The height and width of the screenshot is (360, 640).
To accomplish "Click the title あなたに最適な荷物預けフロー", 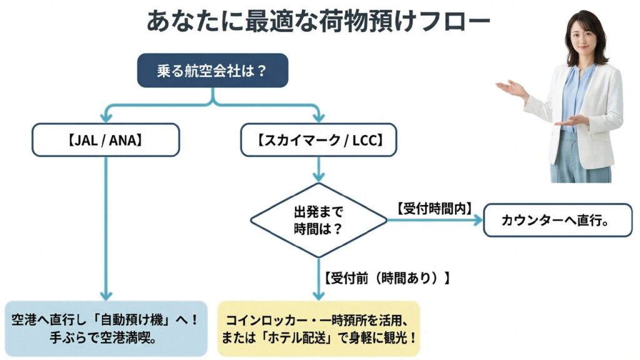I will (x=318, y=21).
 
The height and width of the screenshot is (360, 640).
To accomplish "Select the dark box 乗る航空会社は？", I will (x=212, y=70).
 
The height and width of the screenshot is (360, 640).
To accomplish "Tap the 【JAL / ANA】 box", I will (x=106, y=139).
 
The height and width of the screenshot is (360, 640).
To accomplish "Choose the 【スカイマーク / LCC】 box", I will (x=320, y=139).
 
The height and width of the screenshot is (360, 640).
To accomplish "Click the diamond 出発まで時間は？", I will (x=319, y=220).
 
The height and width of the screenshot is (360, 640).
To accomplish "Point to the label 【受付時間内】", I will (x=433, y=206).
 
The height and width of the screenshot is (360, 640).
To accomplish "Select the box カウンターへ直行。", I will (x=557, y=220).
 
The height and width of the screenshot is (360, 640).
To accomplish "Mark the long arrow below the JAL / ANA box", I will (x=106, y=225).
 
